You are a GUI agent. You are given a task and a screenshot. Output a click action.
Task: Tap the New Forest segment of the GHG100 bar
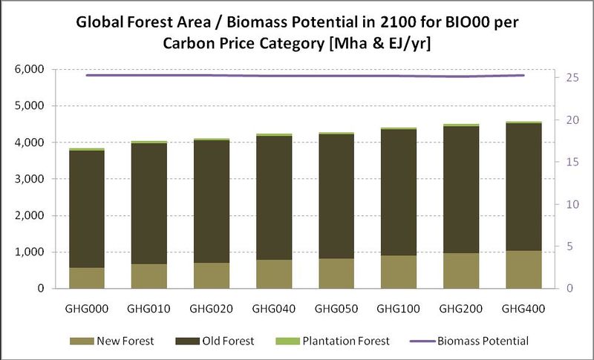pos(399,272)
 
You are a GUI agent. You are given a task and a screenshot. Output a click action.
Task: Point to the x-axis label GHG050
pos(336,307)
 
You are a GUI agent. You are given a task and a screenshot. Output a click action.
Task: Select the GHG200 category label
pos(461,307)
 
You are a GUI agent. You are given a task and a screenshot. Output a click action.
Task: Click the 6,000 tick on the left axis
pos(27,70)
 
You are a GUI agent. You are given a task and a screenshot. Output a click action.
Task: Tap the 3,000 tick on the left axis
pos(27,179)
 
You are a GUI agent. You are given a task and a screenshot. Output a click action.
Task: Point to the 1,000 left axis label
pos(27,252)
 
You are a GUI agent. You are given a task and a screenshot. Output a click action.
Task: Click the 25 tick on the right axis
pos(567,77)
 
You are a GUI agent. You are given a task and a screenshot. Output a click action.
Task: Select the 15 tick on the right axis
pos(567,162)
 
